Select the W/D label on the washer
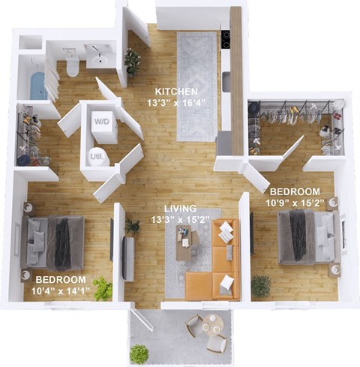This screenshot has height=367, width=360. click(x=101, y=120)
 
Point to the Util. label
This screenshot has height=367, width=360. click(x=97, y=155)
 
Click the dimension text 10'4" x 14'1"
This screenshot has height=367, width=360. click(x=61, y=292)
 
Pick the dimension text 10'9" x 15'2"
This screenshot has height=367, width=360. click(x=294, y=202)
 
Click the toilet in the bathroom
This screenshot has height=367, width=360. click(x=73, y=66)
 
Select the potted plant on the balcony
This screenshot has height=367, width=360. click(x=139, y=353)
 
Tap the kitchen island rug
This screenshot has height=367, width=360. click(x=196, y=85)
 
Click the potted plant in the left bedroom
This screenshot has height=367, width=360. click(x=103, y=288)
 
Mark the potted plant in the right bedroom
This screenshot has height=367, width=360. click(x=261, y=286)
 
